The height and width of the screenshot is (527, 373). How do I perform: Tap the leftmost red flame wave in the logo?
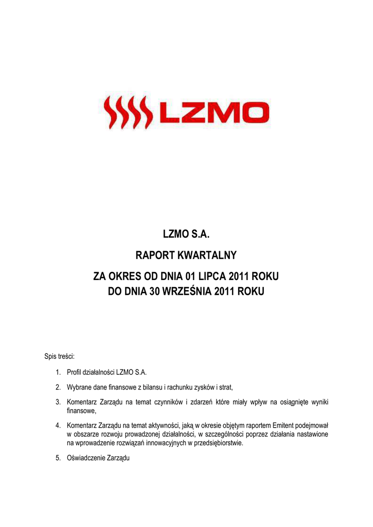click(x=110, y=113)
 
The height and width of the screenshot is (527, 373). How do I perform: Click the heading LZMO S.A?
click(x=187, y=235)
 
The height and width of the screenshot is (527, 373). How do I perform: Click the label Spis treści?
click(x=60, y=356)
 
